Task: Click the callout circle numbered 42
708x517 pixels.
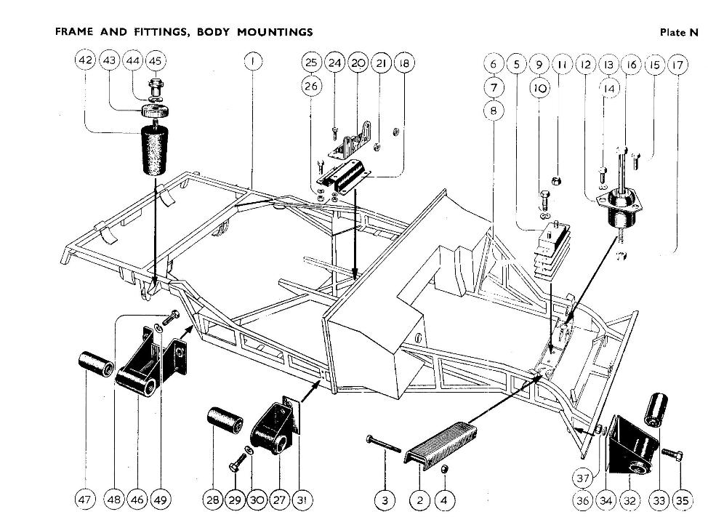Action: pos(85,61)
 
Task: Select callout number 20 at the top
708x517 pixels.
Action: pos(358,63)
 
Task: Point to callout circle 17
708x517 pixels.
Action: pos(677,65)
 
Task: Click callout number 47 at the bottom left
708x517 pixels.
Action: pos(86,500)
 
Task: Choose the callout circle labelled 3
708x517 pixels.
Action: pos(385,500)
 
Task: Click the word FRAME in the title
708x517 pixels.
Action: pos(74,32)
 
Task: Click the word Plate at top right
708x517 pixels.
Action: pos(673,32)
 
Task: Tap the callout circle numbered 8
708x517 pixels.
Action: pos(494,111)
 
